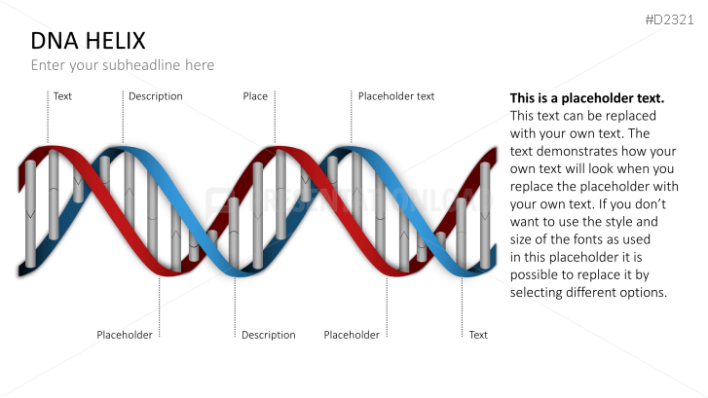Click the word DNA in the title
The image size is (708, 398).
53,41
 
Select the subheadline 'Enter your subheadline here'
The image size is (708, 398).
122,65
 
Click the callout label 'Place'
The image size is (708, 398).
255,96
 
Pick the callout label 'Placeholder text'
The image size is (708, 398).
396,96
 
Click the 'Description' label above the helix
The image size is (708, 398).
156,96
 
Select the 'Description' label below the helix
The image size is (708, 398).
269,335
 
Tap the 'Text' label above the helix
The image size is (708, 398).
62,96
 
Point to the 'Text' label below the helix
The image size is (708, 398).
478,335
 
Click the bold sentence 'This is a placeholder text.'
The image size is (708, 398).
587,98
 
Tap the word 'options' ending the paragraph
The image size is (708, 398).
644,293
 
